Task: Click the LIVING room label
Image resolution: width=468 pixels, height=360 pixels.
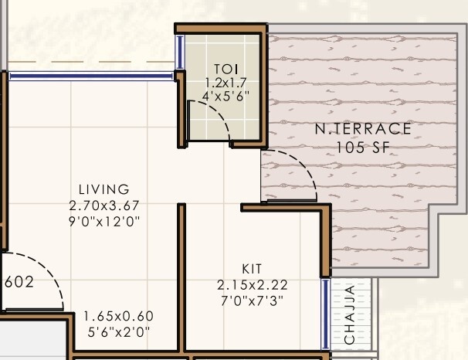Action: tap(104, 189)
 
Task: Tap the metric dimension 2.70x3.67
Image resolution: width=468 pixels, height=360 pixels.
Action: tap(104, 205)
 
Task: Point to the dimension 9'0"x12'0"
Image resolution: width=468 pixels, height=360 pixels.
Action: tap(104, 221)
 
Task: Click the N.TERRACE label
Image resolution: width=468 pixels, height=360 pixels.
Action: tap(363, 130)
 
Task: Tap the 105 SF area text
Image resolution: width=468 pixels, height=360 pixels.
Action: tap(363, 147)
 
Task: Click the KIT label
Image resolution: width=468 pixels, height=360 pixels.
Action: tap(252, 270)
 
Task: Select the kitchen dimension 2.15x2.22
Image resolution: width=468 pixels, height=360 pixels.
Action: tap(252, 285)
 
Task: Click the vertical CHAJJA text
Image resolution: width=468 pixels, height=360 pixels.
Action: tap(351, 315)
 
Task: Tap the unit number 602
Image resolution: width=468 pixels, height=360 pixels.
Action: tap(19, 282)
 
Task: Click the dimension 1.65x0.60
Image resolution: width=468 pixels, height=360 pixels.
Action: tap(119, 316)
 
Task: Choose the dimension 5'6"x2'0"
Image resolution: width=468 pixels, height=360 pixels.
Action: tap(119, 331)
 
